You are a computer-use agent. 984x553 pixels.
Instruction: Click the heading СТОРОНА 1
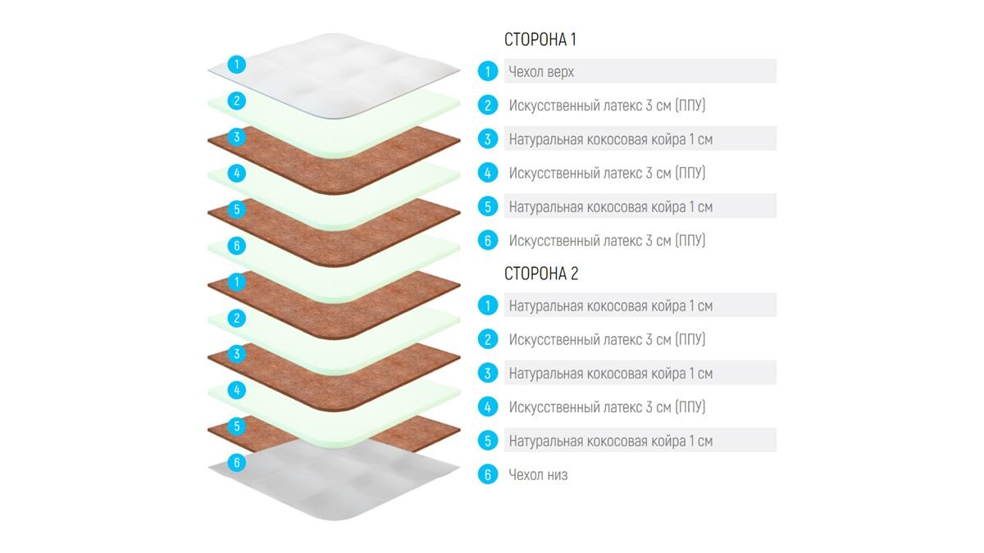[540, 39]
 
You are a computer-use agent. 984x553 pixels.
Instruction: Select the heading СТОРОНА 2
[541, 274]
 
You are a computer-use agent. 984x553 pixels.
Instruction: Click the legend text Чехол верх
[541, 71]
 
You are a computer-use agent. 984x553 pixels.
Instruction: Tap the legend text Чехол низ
[538, 474]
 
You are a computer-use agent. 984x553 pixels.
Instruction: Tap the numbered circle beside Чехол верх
[488, 71]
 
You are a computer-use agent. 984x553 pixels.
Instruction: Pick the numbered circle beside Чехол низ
[488, 474]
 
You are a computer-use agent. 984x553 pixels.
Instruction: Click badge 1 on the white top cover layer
[237, 65]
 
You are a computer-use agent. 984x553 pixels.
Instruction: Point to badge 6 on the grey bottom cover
[237, 462]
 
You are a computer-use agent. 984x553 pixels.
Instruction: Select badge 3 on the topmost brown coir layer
[237, 137]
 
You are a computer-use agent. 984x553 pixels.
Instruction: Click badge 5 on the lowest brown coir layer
[237, 426]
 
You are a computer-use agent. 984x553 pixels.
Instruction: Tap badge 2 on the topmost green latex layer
[237, 101]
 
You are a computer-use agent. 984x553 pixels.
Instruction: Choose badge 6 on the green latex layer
[237, 245]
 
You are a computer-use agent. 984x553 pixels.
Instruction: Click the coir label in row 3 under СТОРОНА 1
[611, 139]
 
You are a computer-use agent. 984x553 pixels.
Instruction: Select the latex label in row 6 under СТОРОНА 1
[607, 241]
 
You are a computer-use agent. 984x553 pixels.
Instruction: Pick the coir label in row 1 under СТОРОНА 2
[611, 306]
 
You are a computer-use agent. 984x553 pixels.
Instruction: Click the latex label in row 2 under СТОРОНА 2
[607, 339]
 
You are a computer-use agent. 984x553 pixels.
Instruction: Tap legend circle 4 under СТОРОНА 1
[488, 173]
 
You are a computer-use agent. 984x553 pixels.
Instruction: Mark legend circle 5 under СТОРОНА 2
[488, 441]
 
